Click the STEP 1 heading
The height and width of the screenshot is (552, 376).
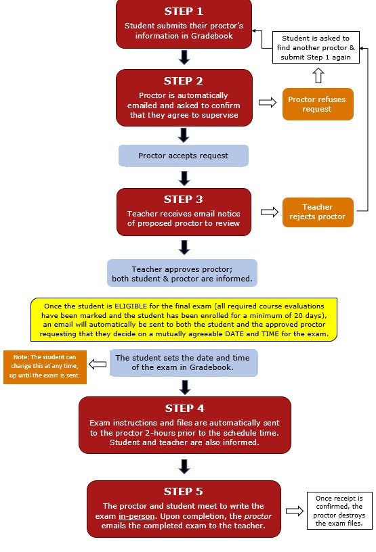pos(184,11)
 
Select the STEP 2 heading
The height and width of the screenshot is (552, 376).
pos(184,81)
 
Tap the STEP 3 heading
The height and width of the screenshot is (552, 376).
pos(184,200)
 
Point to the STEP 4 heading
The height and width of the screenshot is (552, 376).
pos(184,409)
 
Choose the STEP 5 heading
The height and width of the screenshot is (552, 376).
pos(184,491)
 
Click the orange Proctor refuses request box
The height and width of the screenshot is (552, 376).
pos(318,104)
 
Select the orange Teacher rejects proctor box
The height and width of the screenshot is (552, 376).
pos(318,212)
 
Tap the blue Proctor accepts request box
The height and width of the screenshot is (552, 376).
pos(184,156)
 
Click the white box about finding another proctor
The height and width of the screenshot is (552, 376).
pos(316,47)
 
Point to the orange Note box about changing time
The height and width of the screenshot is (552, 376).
pos(45,367)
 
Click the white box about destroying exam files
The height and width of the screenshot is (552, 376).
pos(339,511)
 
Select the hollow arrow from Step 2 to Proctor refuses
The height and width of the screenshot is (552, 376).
pos(268,102)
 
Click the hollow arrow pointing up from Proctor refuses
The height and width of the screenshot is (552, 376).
pos(318,75)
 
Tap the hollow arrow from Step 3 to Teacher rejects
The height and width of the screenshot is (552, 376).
pos(270,212)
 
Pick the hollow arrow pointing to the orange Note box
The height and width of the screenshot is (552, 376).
pos(98,365)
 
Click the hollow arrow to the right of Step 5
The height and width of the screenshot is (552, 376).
pos(295,511)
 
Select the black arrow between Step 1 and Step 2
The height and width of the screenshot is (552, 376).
pos(184,57)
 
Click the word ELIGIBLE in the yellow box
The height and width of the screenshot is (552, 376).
pos(131,306)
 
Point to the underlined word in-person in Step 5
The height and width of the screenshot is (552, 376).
pos(136,516)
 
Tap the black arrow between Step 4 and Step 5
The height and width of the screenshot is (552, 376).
pos(184,467)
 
